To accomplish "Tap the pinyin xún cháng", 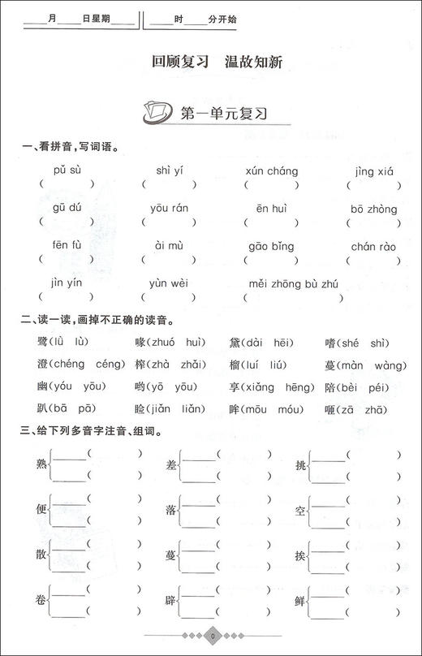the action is pos(271,171).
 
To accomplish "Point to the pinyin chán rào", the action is pos(373,246).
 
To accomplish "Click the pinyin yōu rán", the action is pos(169,209).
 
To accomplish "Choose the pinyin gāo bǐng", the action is pos(269,246).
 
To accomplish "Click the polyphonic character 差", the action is pos(171,464).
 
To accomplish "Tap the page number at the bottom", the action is pos(210,637).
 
